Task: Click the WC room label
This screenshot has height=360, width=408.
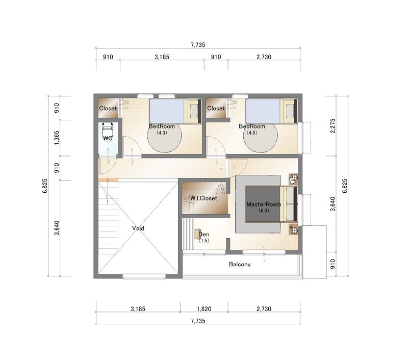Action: click(x=108, y=138)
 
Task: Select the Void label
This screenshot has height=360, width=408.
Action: click(x=138, y=228)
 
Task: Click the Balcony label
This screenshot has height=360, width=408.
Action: click(x=240, y=264)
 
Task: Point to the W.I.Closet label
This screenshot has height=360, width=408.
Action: click(x=203, y=198)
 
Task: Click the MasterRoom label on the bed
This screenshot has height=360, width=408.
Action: click(x=264, y=204)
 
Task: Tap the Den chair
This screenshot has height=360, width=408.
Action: click(x=197, y=234)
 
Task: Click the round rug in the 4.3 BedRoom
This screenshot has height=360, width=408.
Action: click(x=164, y=137)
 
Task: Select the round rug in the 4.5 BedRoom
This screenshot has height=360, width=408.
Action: click(x=261, y=137)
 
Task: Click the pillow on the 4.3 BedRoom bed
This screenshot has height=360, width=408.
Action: click(x=194, y=111)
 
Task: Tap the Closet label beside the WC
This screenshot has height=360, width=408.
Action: click(x=108, y=108)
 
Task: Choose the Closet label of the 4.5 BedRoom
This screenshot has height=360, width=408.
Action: click(x=216, y=108)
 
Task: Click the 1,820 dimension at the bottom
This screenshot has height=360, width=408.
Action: click(x=204, y=309)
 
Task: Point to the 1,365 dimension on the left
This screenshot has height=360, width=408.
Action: click(x=57, y=138)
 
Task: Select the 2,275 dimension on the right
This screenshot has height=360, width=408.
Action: click(x=333, y=126)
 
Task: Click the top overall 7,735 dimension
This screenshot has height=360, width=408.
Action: click(x=198, y=45)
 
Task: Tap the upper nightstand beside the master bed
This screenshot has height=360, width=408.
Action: click(x=294, y=178)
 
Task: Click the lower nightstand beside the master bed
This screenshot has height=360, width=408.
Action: click(x=294, y=229)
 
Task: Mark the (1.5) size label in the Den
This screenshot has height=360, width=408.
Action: click(x=203, y=241)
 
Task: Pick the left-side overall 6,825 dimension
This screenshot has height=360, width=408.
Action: click(x=45, y=186)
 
